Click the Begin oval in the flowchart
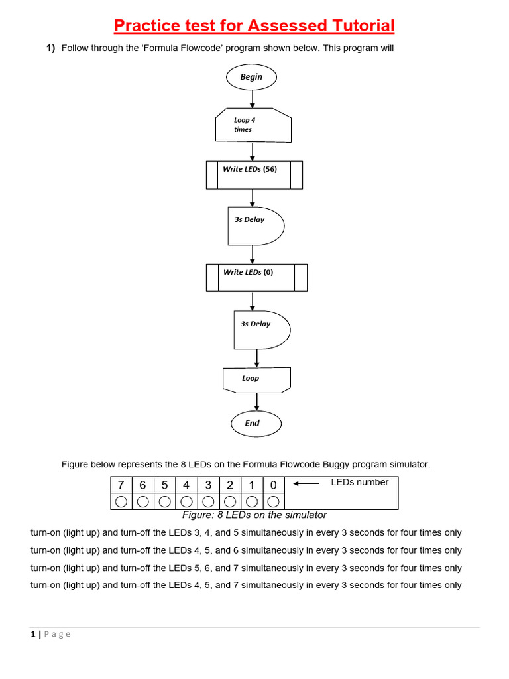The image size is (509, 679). point(251,77)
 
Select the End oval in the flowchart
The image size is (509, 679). point(256,423)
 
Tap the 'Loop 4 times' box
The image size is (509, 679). point(253,125)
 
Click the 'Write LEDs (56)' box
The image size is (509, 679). point(254,174)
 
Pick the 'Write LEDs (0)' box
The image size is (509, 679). point(256,277)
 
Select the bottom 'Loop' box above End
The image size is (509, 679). point(256,379)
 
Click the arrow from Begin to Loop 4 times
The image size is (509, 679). point(253,99)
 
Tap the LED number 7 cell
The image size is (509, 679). point(121,485)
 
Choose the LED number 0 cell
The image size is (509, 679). point(274,485)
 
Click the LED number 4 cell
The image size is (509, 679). point(186,485)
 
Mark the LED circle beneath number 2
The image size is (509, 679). point(230,501)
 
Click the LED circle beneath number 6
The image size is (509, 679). point(142,501)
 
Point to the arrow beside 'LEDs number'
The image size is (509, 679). point(306,483)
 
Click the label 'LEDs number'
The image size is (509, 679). point(360,482)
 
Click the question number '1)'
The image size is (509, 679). point(50,48)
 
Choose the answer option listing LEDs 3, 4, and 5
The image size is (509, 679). point(246,533)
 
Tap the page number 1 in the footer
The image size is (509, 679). point(32,634)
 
